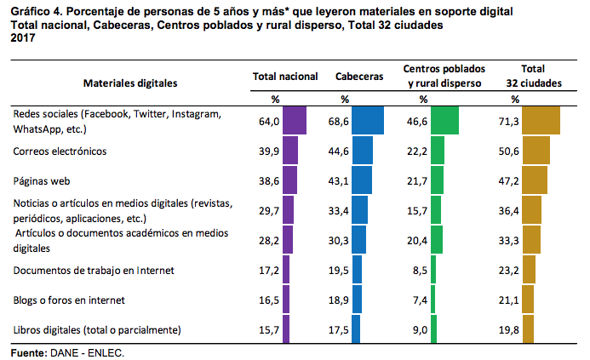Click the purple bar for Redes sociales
click(294, 121)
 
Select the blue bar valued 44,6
click(362, 151)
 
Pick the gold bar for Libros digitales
click(528, 329)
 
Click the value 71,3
click(508, 122)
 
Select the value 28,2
click(269, 241)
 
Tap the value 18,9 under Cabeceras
click(340, 300)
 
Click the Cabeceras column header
click(359, 77)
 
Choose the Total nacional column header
click(285, 77)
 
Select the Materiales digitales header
click(130, 83)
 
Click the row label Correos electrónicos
click(60, 151)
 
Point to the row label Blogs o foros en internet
click(69, 300)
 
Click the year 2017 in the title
click(21, 38)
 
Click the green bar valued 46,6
click(444, 121)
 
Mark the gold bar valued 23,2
click(529, 270)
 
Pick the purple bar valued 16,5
click(286, 300)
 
